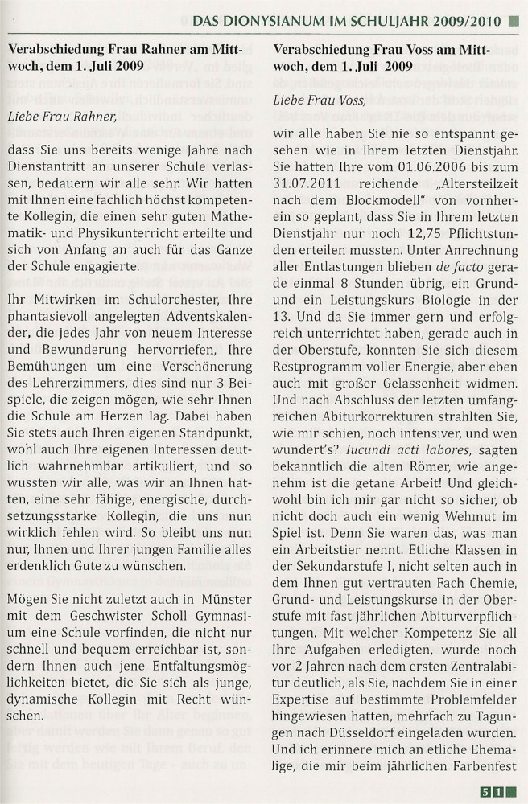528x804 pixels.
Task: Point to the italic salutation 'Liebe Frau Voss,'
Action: [x=314, y=100]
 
